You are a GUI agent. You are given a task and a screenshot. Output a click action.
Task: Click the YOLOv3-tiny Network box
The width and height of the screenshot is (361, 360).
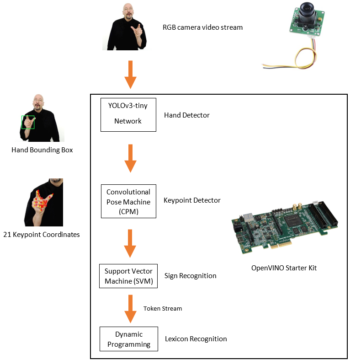tap(128, 115)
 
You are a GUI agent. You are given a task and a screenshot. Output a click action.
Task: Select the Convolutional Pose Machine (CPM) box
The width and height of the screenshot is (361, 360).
tap(128, 201)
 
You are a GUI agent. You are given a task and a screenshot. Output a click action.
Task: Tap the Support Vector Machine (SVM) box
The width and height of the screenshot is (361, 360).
tap(128, 276)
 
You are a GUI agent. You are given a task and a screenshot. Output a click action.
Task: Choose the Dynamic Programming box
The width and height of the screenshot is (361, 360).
tap(128, 339)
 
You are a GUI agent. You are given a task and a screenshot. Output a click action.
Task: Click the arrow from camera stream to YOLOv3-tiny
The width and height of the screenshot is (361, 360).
tap(131, 74)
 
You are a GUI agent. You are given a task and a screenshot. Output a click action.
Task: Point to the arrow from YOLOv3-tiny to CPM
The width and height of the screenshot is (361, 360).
tap(131, 158)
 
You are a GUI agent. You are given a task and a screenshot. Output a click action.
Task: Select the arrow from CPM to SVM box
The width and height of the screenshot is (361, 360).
tap(131, 243)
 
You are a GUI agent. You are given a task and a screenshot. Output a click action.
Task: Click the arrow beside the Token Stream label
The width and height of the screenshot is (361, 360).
tap(131, 310)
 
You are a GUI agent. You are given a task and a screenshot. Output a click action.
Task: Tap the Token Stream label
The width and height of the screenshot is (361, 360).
tap(162, 309)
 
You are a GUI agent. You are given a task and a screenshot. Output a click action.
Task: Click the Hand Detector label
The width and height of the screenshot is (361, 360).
tap(186, 115)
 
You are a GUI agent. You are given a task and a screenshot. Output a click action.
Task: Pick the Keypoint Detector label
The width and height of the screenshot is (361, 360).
tap(192, 200)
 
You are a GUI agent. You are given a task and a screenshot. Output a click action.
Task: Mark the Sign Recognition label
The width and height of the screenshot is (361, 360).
tap(190, 276)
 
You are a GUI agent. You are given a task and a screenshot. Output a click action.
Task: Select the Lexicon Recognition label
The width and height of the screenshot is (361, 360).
tap(196, 339)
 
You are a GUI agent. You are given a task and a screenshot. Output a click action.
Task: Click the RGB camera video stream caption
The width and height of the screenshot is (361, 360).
tap(202, 27)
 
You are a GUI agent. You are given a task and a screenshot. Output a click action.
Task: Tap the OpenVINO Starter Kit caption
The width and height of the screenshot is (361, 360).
tap(284, 268)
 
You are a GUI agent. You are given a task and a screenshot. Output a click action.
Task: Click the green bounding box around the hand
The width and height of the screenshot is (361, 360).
tap(28, 122)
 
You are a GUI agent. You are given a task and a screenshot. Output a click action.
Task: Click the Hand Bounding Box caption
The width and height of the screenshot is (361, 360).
tap(42, 150)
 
